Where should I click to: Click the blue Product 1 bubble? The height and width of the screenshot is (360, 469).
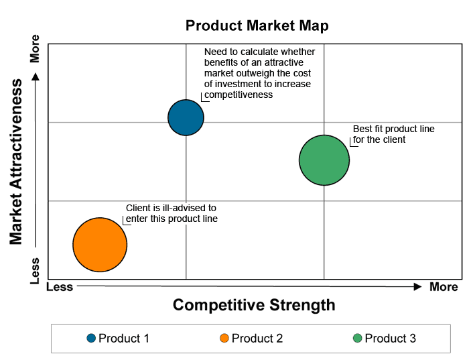[186, 117]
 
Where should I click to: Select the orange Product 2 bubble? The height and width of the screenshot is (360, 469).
[100, 245]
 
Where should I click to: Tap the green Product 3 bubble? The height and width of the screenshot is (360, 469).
[324, 160]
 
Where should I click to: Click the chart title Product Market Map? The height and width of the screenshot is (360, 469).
[257, 25]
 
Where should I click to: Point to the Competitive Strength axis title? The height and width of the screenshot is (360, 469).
[254, 305]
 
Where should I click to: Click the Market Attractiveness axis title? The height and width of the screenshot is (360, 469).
[15, 162]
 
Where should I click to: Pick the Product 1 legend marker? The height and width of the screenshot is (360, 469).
[91, 338]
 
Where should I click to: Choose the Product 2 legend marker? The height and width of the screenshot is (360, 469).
[224, 338]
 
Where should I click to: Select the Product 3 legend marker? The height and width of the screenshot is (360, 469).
[357, 338]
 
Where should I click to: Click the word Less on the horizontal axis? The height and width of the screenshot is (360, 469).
[60, 287]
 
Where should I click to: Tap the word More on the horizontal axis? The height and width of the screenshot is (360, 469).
[444, 287]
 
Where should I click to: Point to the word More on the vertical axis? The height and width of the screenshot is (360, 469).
[35, 48]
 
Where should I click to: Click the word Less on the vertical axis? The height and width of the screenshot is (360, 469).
[35, 271]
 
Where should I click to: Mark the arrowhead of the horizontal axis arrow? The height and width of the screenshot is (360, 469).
[418, 287]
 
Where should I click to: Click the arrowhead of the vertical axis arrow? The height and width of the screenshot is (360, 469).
[36, 76]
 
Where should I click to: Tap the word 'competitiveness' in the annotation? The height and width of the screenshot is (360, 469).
[239, 95]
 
